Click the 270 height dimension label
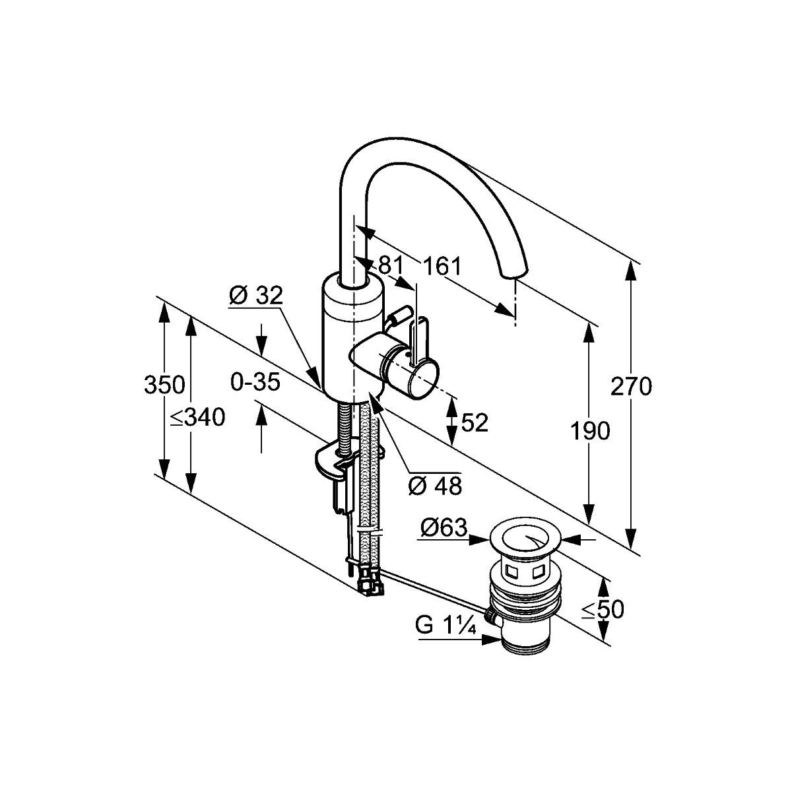(x=631, y=386)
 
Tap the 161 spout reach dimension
(x=442, y=267)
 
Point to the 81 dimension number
(x=390, y=265)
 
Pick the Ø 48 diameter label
(x=435, y=486)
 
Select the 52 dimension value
(x=475, y=422)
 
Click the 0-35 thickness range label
(x=255, y=381)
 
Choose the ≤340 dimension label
(x=197, y=417)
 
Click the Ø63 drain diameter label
(x=444, y=527)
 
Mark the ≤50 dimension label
(x=603, y=610)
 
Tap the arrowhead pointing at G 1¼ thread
(x=494, y=639)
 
